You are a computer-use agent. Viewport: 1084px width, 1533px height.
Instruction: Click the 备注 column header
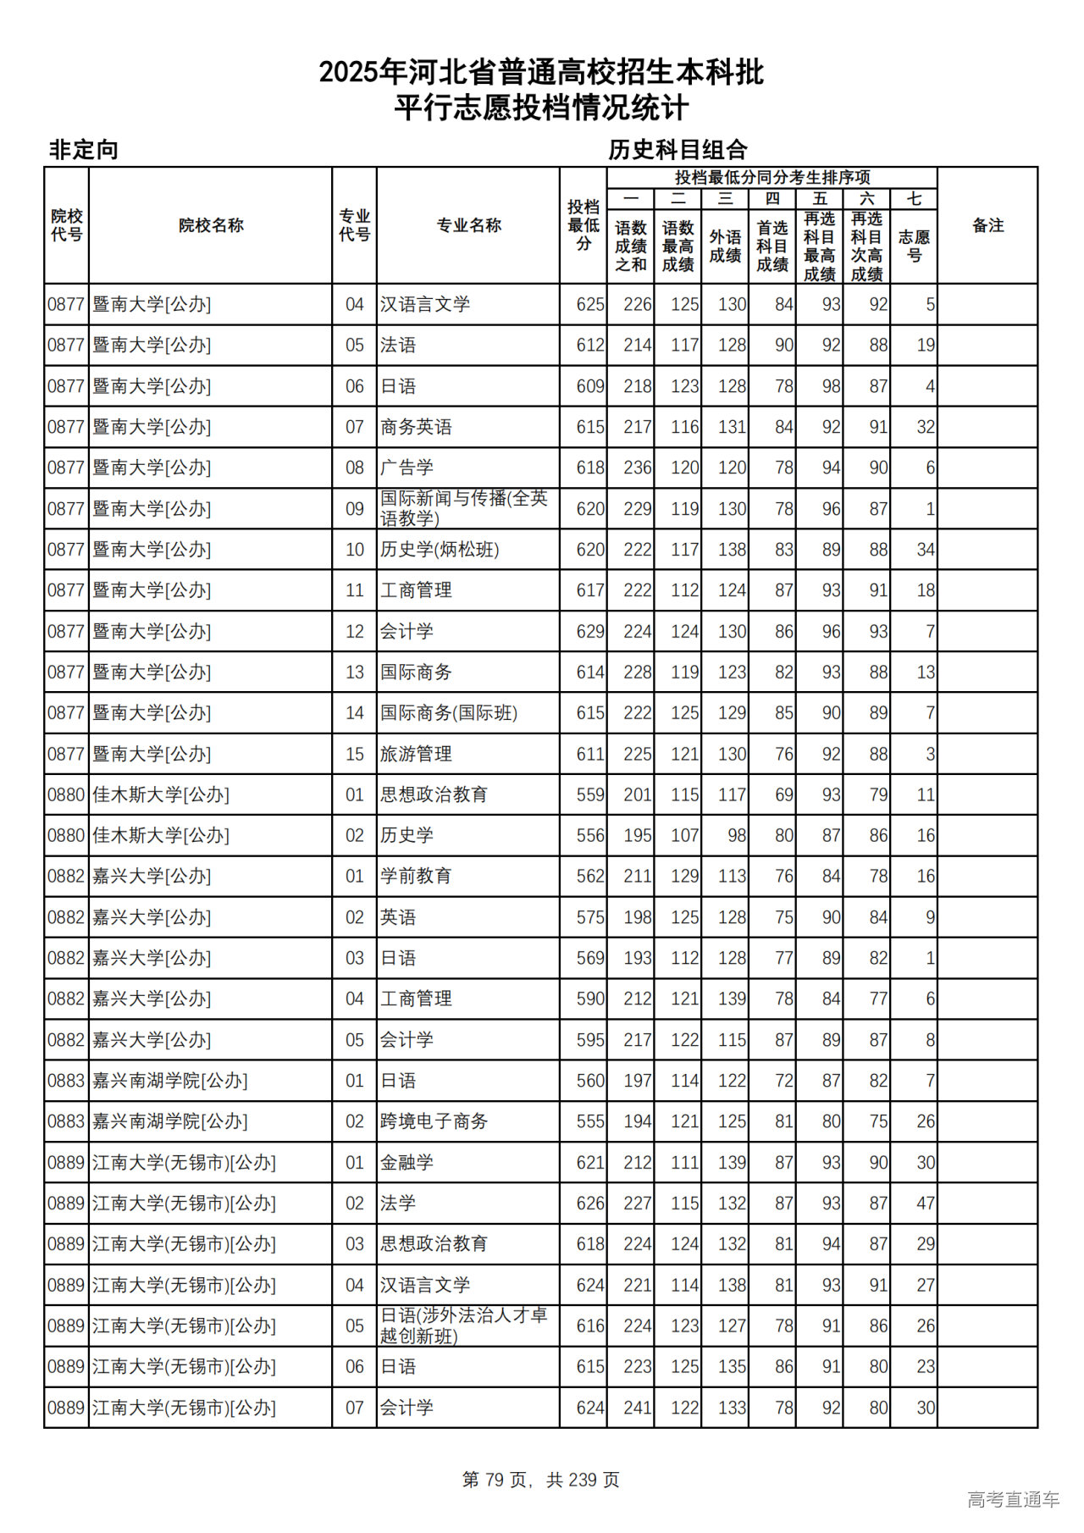click(987, 225)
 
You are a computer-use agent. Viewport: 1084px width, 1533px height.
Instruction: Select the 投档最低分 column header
click(583, 225)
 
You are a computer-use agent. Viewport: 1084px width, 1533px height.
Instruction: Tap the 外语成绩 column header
click(725, 246)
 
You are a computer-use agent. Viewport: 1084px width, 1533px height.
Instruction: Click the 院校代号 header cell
click(66, 225)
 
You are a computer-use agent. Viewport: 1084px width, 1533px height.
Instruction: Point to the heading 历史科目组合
click(677, 150)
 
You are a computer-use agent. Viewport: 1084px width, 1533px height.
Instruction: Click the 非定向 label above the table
click(83, 150)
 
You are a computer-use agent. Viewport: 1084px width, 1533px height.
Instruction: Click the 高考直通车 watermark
click(1013, 1500)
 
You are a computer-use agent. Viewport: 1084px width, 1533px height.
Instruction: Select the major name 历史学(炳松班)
click(440, 550)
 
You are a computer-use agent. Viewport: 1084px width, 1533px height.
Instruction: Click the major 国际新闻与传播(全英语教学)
click(463, 508)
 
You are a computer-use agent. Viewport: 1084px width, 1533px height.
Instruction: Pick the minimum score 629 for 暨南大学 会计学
click(589, 632)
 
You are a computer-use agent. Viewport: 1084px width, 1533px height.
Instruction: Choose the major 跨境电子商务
click(434, 1121)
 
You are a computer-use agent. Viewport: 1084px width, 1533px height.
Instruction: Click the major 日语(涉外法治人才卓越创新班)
click(463, 1325)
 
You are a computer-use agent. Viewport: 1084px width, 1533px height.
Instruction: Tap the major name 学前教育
click(416, 877)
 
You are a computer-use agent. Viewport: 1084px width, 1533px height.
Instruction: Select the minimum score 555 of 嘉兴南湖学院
click(589, 1121)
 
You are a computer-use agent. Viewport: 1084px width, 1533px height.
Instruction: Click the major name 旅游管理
click(416, 754)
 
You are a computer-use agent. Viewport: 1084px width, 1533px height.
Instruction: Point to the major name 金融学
click(406, 1162)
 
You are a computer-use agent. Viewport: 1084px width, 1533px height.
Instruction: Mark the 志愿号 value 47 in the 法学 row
click(925, 1204)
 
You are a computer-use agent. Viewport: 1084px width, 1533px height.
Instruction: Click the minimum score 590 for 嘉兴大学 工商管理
click(589, 999)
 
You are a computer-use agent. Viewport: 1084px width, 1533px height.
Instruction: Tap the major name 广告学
click(406, 468)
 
